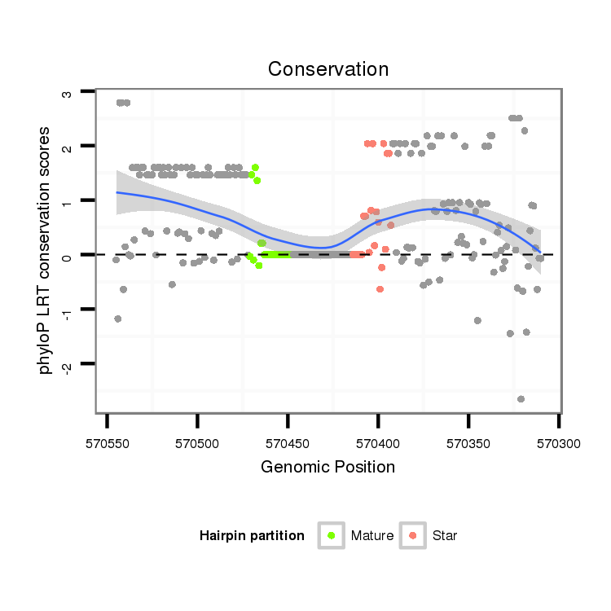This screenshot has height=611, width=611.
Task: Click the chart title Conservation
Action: (327, 68)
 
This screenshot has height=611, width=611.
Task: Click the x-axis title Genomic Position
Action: (327, 467)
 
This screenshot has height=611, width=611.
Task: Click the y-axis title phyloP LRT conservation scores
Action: (46, 249)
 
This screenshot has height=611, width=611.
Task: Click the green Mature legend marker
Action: (331, 535)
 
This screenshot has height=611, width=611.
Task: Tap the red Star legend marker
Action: (413, 535)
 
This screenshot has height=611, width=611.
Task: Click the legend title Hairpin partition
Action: (252, 536)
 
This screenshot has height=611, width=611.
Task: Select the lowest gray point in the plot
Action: (521, 398)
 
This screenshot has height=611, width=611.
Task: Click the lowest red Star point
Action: (380, 289)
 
